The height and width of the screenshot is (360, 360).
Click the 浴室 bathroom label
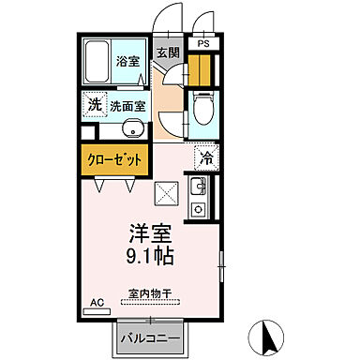[x=127, y=61]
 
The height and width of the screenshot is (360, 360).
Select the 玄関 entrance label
[x=168, y=53]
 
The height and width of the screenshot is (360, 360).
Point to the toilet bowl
[x=203, y=112]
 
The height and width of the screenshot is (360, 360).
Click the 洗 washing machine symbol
[x=94, y=104]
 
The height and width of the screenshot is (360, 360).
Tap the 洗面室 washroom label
[x=127, y=105]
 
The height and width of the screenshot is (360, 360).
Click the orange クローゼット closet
[x=115, y=158]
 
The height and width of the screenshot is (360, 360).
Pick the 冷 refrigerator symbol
[x=204, y=158]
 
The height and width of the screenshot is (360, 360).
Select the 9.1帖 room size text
[x=150, y=255]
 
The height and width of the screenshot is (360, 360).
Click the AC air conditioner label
[x=95, y=303]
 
